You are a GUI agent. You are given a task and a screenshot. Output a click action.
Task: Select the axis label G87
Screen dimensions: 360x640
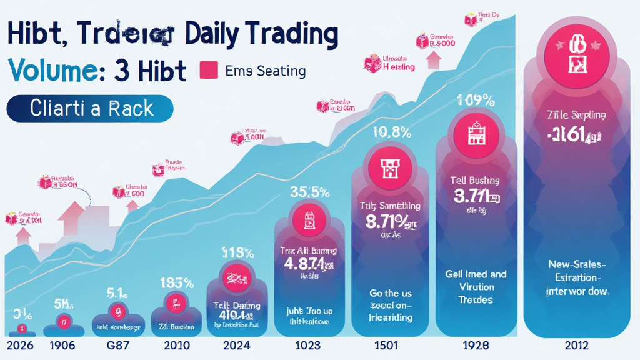pyautogui.click(x=116, y=346)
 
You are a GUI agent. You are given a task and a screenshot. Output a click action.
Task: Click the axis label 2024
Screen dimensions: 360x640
pyautogui.click(x=236, y=346)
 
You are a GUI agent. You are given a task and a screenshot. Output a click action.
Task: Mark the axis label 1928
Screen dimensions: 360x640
pyautogui.click(x=475, y=346)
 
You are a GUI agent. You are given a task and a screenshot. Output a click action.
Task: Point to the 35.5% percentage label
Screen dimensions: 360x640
pyautogui.click(x=309, y=192)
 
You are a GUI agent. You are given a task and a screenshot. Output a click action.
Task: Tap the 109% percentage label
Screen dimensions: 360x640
pyautogui.click(x=477, y=99)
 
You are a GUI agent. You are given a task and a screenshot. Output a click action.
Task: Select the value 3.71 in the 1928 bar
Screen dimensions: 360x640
pyautogui.click(x=473, y=197)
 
